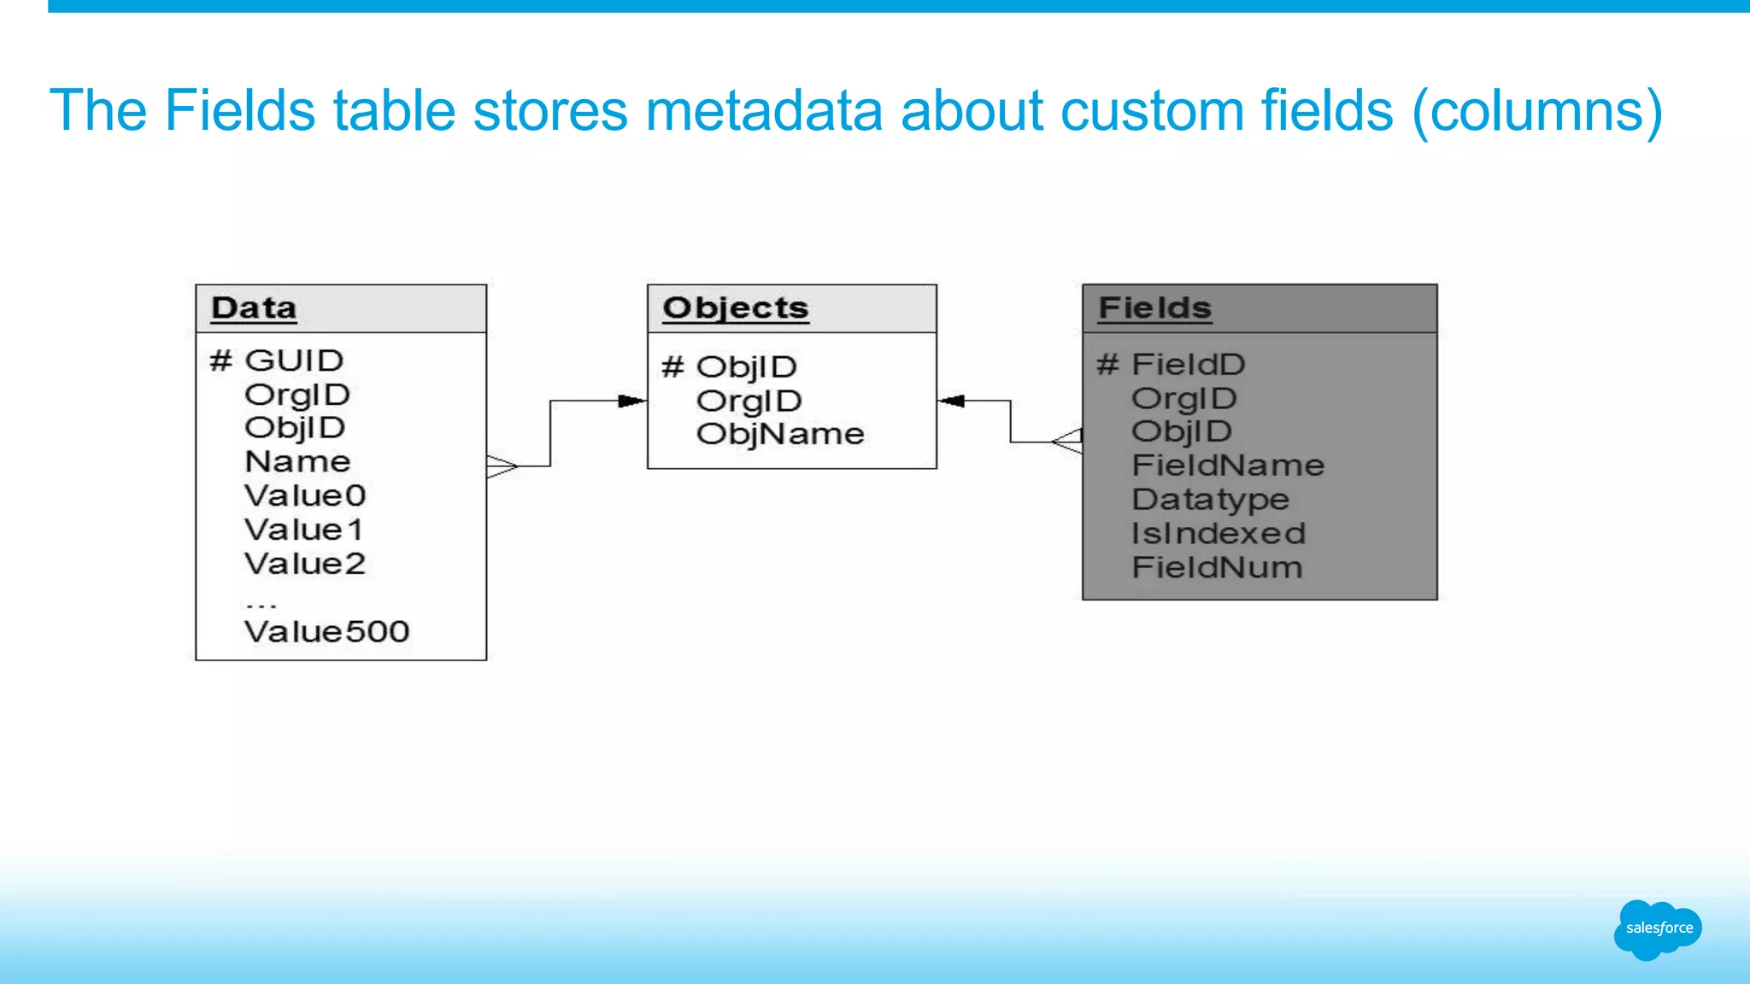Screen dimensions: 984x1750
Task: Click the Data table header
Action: [254, 308]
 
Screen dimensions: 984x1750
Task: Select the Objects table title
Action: [735, 308]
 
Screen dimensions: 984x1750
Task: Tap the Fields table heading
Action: [1154, 308]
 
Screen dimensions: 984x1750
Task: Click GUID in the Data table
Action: [293, 360]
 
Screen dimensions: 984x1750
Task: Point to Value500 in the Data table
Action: [326, 632]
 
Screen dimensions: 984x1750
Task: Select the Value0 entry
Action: [304, 495]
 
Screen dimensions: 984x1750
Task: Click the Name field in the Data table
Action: [297, 462]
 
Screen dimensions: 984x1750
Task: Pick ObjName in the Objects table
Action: [779, 434]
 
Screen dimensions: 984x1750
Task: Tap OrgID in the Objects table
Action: [749, 401]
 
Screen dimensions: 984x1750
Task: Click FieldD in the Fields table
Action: [1188, 365]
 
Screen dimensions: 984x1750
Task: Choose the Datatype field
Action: [1210, 500]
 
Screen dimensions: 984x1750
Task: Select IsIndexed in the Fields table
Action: [1219, 534]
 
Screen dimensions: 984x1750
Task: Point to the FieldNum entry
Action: [1217, 567]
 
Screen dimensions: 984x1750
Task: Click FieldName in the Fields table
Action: [1228, 466]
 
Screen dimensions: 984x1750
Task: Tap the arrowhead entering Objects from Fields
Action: [951, 401]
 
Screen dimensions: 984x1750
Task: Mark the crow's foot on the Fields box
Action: [1067, 442]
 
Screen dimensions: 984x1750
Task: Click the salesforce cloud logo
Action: [1658, 928]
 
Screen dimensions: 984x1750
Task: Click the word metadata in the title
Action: [764, 111]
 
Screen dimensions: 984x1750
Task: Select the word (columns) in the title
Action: [1536, 111]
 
